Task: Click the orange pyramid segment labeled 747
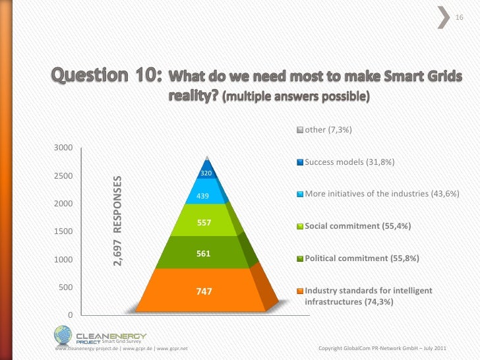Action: tap(204, 290)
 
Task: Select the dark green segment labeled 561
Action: tap(204, 253)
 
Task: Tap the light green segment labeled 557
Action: tap(204, 222)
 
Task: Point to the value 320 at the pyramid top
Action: tap(206, 173)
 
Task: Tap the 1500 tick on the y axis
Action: tap(63, 231)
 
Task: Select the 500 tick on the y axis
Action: tap(66, 287)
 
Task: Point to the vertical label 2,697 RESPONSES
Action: tap(117, 222)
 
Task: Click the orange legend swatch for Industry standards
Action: tap(300, 291)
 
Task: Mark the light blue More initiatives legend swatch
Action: tap(300, 195)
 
